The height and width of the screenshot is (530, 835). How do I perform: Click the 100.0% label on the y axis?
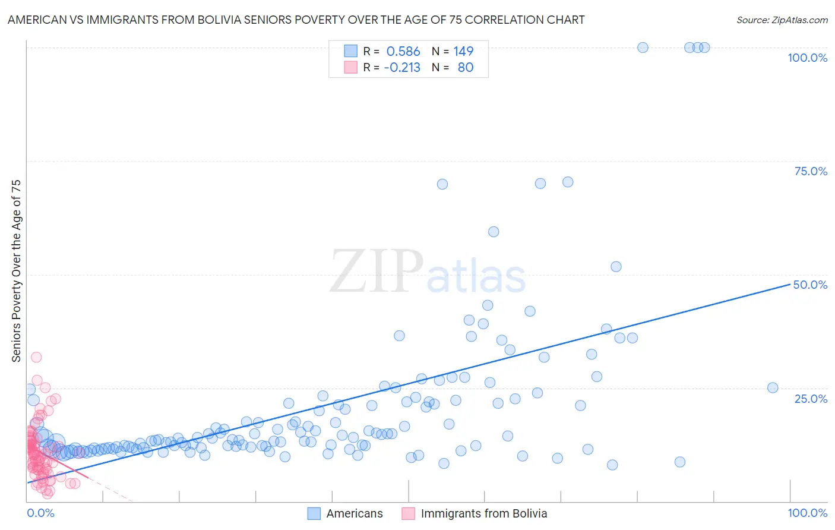(807, 58)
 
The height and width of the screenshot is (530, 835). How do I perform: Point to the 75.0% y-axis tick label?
(811, 171)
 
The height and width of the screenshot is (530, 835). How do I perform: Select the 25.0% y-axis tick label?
(811, 399)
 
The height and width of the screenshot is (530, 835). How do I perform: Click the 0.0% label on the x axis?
(40, 513)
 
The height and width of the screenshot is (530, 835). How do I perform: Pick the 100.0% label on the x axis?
(807, 513)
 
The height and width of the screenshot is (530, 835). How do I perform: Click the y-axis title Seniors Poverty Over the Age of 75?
(16, 271)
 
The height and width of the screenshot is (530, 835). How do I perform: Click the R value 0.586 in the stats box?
(403, 52)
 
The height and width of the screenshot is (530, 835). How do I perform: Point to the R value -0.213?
(402, 68)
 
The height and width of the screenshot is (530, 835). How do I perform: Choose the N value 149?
(463, 52)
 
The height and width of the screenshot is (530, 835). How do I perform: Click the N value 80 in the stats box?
(466, 68)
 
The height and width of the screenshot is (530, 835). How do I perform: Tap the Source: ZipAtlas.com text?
(782, 20)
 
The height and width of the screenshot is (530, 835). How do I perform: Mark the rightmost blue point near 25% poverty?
(773, 388)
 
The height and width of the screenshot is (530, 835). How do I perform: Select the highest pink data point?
(36, 357)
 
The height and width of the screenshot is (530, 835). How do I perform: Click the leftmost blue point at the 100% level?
(643, 48)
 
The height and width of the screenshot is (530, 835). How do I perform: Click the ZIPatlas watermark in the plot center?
(428, 272)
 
